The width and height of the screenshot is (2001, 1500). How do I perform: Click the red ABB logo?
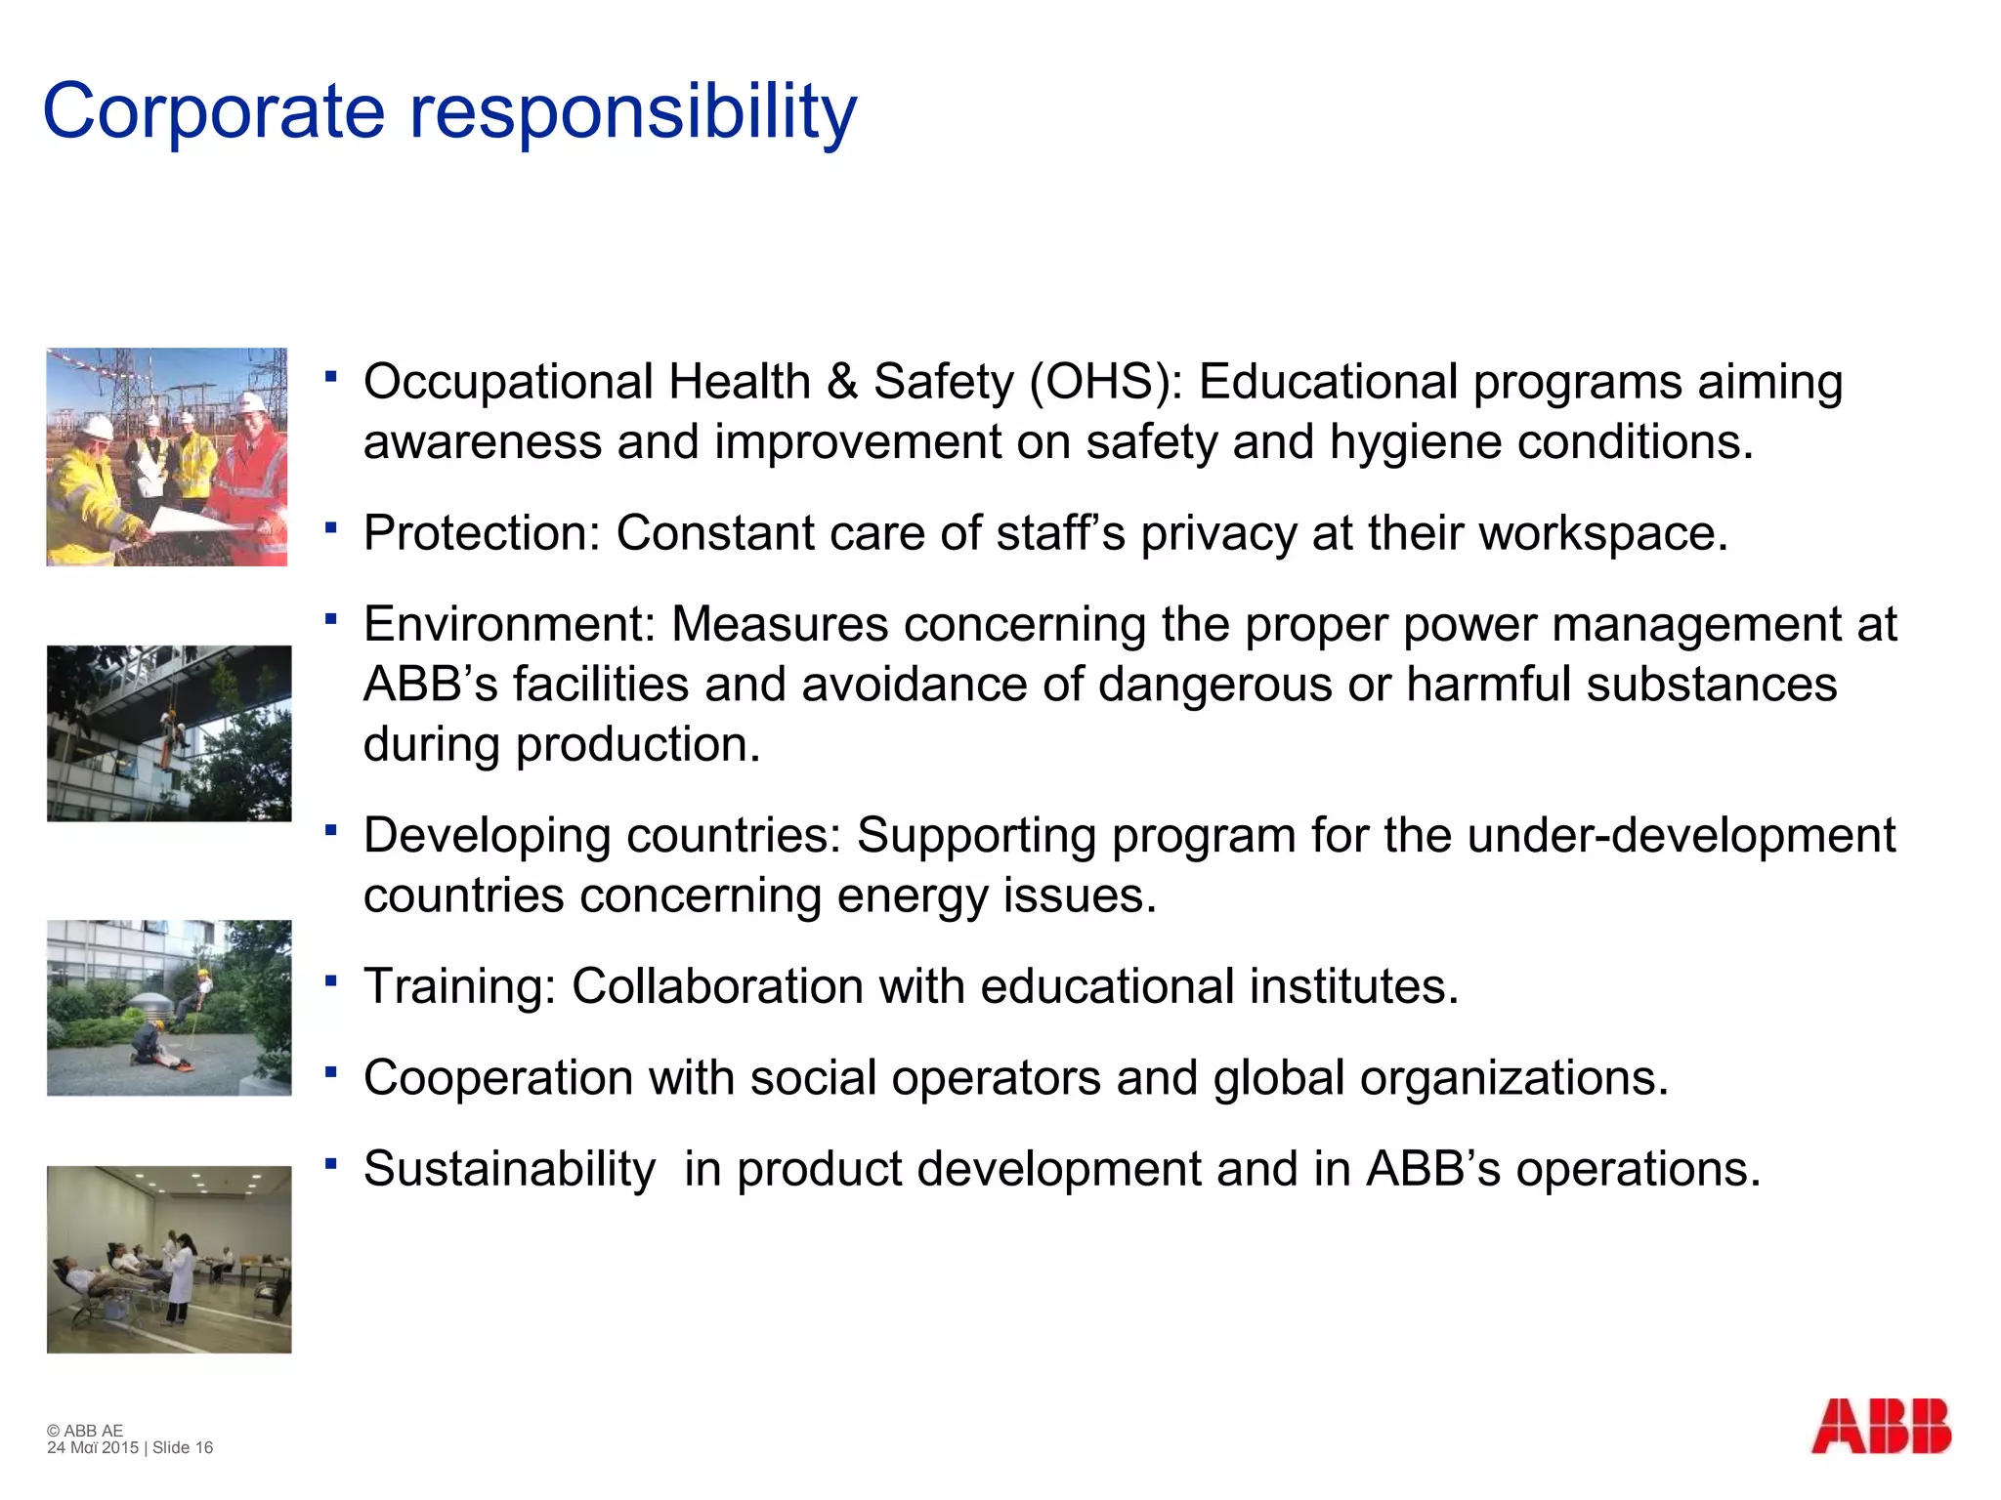(1880, 1427)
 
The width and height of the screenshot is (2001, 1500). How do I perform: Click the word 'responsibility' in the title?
(632, 112)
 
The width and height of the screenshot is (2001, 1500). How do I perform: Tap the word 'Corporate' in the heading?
(214, 112)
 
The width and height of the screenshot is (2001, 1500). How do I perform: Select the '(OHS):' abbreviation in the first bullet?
(1106, 382)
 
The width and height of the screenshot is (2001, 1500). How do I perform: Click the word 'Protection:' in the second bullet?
(482, 533)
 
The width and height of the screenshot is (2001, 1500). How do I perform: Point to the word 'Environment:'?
(509, 624)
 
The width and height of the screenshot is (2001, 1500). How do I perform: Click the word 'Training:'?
(459, 986)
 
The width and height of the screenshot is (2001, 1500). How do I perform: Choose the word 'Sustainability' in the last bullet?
(509, 1169)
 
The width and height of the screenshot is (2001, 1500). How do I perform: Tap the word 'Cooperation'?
(497, 1078)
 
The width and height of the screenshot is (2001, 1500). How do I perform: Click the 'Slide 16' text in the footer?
(183, 1447)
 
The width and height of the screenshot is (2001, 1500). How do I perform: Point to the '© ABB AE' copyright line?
(85, 1431)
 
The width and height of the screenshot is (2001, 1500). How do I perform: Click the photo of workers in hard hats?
(167, 457)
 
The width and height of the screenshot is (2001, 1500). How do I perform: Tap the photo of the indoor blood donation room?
(169, 1259)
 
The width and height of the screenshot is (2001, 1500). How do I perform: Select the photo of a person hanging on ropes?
(169, 733)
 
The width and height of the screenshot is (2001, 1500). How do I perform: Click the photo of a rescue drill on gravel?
(169, 1007)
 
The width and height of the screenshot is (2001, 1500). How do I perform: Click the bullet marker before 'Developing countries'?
(332, 830)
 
